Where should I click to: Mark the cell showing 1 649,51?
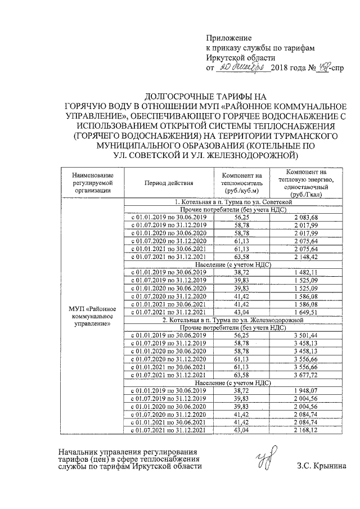(x=305, y=311)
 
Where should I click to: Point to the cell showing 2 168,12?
(x=305, y=430)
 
